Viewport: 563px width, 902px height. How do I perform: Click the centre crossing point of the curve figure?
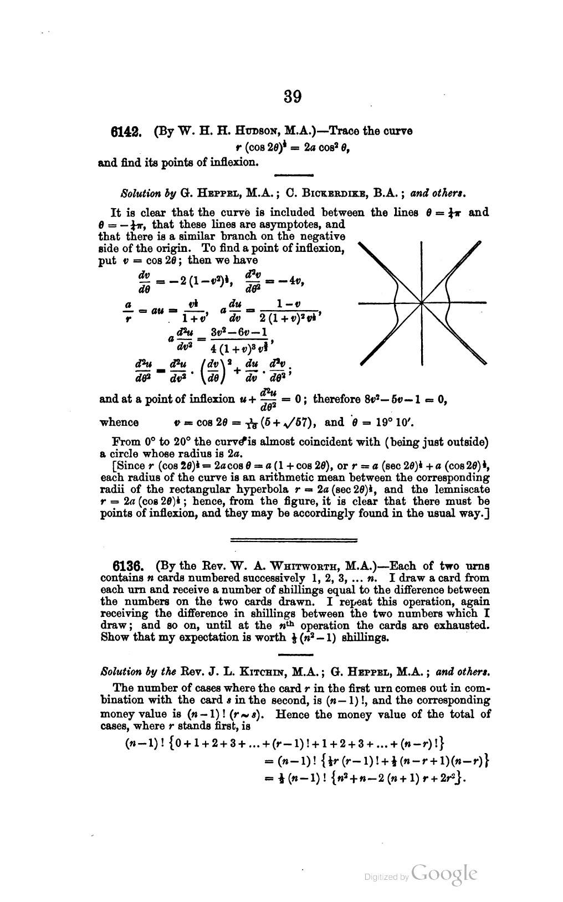(x=422, y=303)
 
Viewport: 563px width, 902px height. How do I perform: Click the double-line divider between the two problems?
(x=293, y=539)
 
